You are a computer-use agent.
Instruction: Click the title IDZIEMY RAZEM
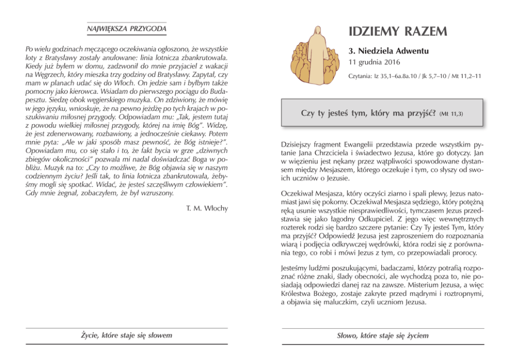point(398,32)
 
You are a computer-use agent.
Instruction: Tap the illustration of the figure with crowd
point(312,53)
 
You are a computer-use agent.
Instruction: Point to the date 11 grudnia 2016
point(375,63)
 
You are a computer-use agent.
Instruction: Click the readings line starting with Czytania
point(414,76)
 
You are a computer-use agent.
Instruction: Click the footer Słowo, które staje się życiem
point(383,335)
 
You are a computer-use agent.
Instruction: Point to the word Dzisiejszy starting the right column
point(299,146)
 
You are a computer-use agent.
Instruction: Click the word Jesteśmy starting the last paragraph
point(297,268)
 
